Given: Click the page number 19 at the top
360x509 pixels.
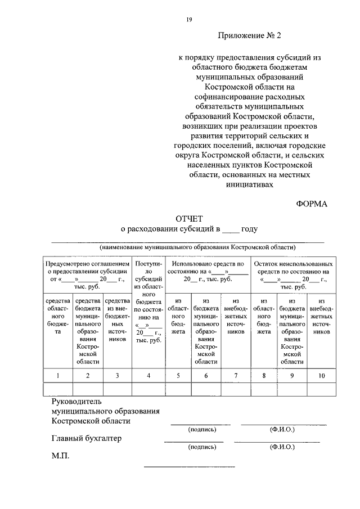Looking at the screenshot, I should [190, 20].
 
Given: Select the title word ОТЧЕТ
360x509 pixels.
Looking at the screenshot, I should [189, 218].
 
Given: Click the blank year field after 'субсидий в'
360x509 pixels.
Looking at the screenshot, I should [230, 229].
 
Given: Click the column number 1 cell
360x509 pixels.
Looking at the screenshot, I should [57, 375].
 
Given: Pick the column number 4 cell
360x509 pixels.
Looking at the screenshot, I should [148, 375].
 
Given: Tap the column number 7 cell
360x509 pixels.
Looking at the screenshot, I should [236, 375].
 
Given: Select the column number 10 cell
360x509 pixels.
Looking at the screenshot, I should [321, 375].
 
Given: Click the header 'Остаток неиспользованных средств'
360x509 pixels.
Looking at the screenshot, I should [292, 271].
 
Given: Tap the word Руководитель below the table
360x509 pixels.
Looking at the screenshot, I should [75, 402].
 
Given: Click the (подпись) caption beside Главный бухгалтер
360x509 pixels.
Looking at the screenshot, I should [201, 447].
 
